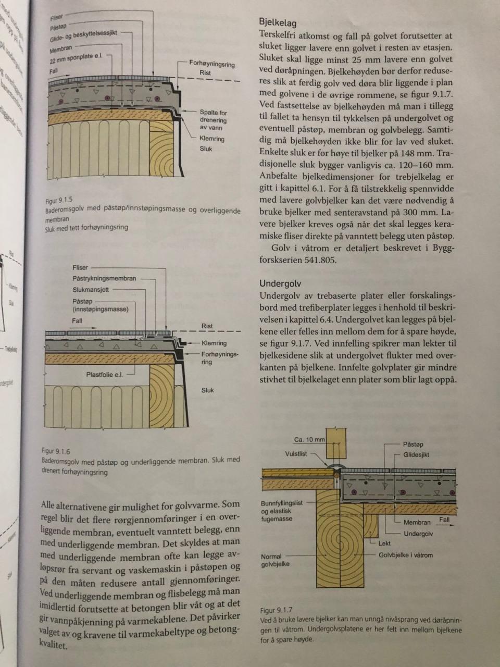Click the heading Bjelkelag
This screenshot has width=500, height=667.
(x=278, y=23)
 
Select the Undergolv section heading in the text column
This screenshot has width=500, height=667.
(x=280, y=284)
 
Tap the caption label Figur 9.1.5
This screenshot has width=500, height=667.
(x=58, y=200)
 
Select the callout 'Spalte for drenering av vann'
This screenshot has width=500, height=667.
(x=213, y=120)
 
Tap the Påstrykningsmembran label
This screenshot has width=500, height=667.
(x=104, y=278)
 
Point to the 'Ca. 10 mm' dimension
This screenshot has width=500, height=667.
(x=309, y=439)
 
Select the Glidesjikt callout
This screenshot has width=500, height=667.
(x=416, y=455)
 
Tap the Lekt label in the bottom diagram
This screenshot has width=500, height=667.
(x=384, y=543)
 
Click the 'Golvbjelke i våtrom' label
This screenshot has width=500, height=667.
(x=405, y=555)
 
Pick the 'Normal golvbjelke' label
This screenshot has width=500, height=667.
(x=275, y=560)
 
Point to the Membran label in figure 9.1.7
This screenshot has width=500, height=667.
(x=417, y=522)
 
